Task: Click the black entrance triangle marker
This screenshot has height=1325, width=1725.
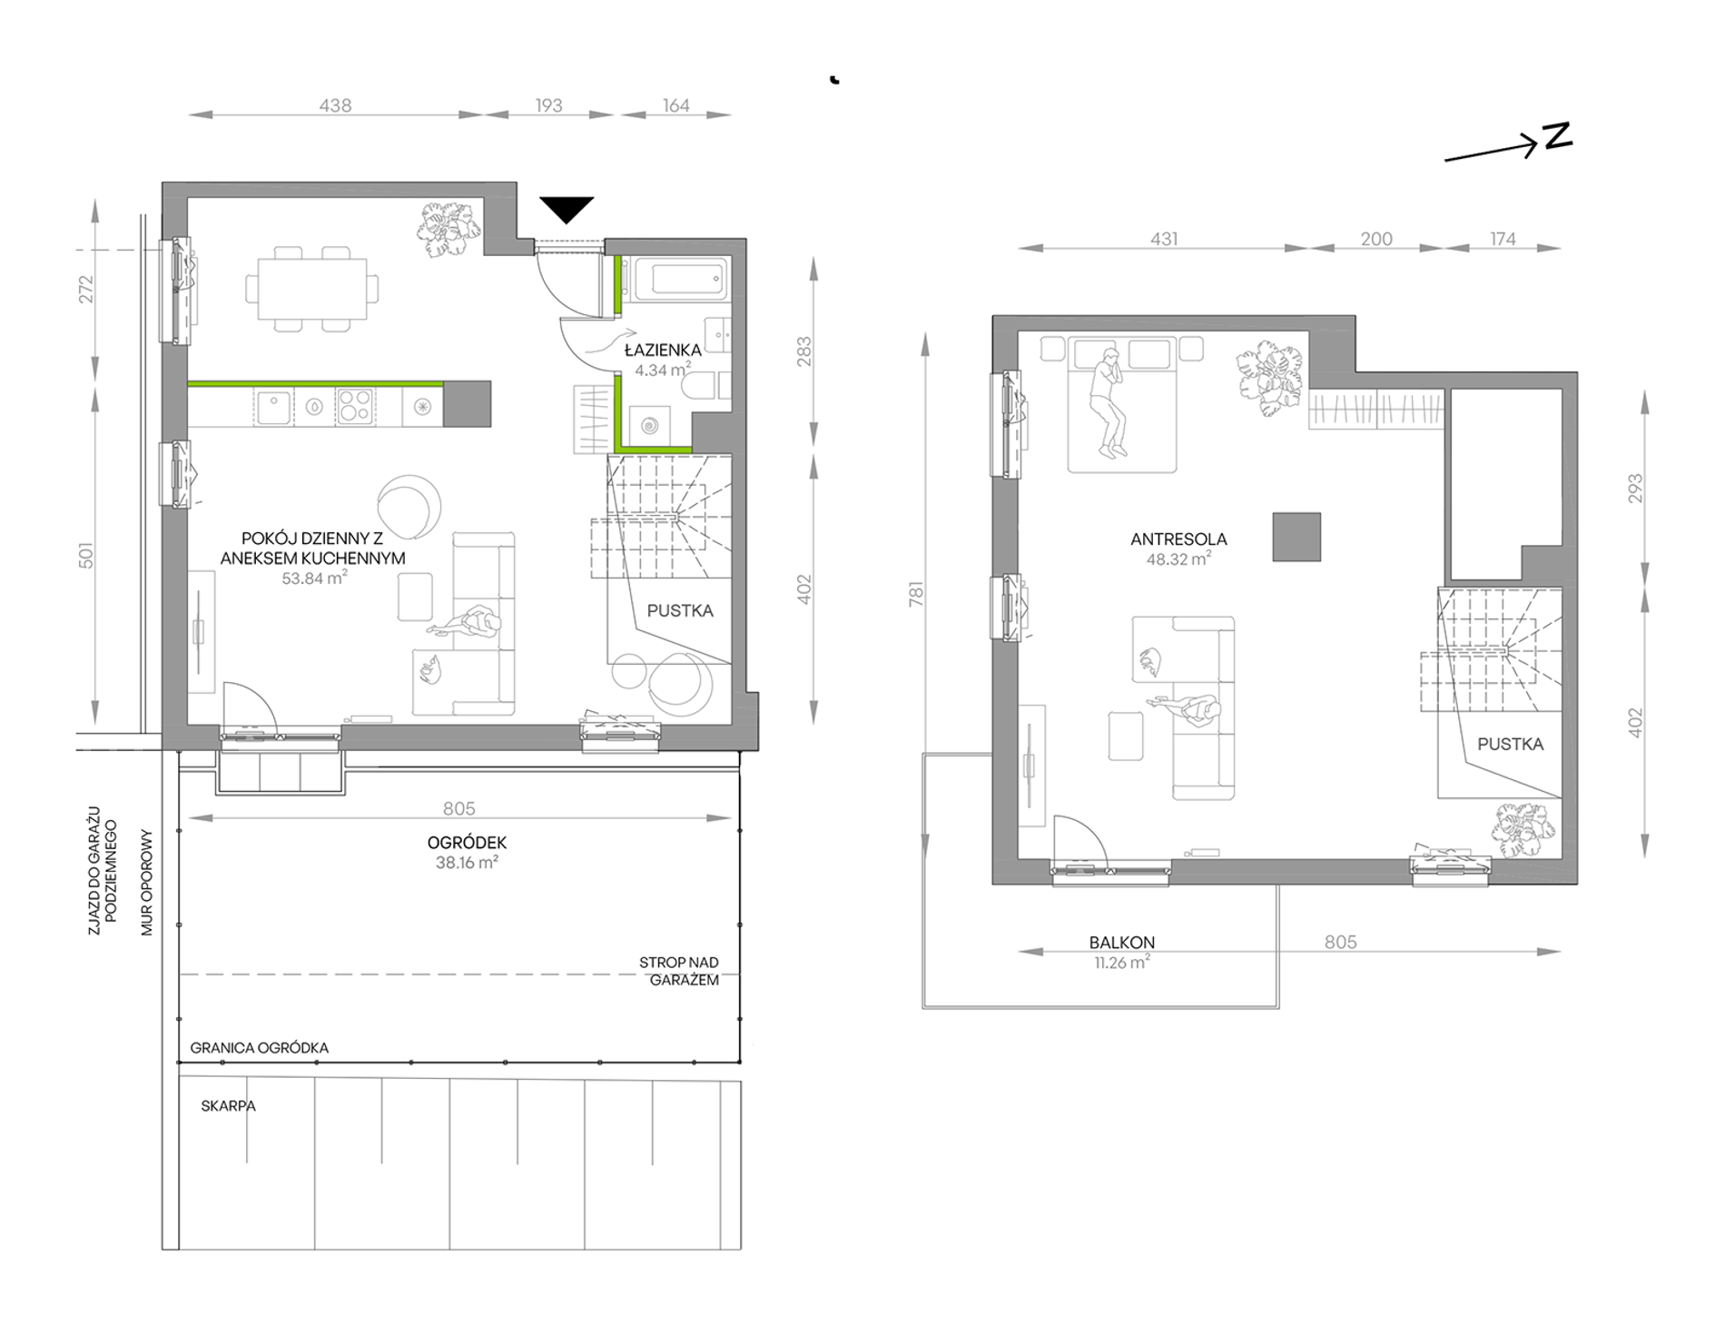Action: point(567,208)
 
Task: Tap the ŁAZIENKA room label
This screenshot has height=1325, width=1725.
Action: point(663,350)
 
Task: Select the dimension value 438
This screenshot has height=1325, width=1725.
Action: point(335,105)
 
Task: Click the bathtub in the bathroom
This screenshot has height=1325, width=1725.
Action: point(682,278)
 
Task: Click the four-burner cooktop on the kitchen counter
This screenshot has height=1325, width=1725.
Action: point(354,407)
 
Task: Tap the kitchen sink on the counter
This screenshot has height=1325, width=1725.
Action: point(273,407)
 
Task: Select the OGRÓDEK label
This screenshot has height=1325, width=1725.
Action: point(467,843)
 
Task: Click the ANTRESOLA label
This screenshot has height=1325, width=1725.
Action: point(1178,539)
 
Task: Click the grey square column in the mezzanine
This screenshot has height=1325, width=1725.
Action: point(1296,537)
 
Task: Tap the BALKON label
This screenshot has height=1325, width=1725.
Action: point(1122,943)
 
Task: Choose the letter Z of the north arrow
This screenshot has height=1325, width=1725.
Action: point(1557,136)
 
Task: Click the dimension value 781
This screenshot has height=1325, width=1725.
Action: point(916,594)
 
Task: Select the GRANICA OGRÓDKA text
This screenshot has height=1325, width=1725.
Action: point(260,1047)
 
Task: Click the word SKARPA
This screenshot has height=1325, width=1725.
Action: point(228,1106)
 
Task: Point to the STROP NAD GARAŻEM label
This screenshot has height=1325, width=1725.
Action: point(680,971)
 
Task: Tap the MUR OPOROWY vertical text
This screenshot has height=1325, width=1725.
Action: point(147,883)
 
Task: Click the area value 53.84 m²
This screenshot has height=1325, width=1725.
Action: point(314,578)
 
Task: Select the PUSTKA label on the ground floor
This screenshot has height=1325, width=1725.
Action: point(680,611)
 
